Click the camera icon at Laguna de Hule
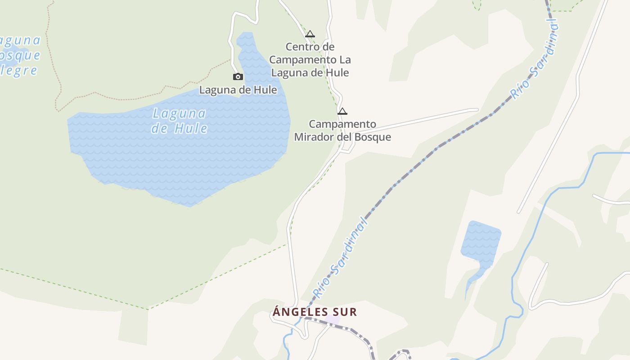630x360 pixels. pos(238,77)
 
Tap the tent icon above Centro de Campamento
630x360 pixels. pos(310,34)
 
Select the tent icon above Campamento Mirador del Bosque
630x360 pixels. pos(342,111)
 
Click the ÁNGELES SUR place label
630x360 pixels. pos(315,312)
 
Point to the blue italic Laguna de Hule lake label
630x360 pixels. pos(180,121)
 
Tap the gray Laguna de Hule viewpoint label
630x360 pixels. pos(238,90)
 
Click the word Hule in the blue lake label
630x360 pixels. pos(191,128)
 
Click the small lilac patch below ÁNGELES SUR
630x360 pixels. pos(332,320)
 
